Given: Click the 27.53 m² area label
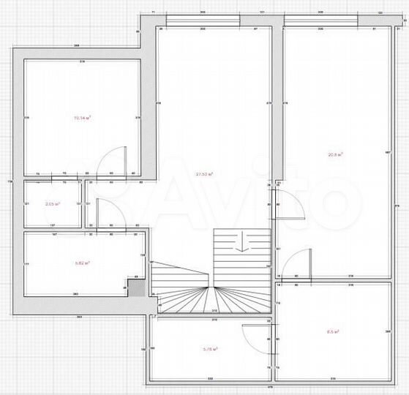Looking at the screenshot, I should pyautogui.click(x=205, y=174).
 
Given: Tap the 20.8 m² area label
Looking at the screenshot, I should pyautogui.click(x=336, y=154).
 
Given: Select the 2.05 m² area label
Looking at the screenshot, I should pyautogui.click(x=52, y=205).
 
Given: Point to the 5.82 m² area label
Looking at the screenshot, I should pyautogui.click(x=82, y=261).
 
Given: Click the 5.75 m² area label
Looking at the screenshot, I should pyautogui.click(x=209, y=350).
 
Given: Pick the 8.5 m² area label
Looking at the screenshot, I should pyautogui.click(x=331, y=331).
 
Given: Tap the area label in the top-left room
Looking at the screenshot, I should pyautogui.click(x=81, y=116).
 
